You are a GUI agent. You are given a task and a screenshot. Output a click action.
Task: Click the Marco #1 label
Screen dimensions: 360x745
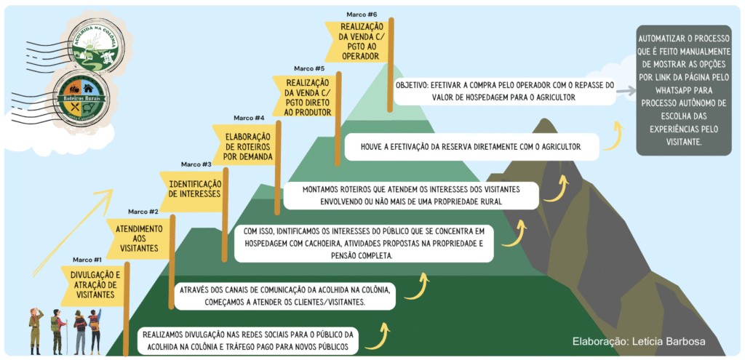click(x=87, y=260)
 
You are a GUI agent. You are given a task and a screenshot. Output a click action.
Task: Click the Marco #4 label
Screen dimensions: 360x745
click(x=249, y=118)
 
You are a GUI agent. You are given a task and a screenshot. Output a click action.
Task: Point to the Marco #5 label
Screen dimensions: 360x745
click(x=310, y=68)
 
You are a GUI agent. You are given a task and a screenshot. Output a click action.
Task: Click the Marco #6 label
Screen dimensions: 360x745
click(x=362, y=14)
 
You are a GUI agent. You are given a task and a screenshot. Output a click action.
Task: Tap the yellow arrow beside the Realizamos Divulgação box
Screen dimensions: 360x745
click(x=382, y=334)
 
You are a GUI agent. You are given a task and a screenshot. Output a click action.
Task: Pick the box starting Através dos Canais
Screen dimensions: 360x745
click(x=286, y=295)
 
